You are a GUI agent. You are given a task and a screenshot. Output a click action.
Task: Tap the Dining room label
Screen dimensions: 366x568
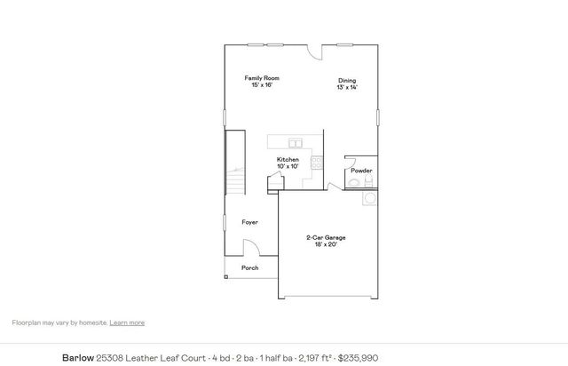[347, 81]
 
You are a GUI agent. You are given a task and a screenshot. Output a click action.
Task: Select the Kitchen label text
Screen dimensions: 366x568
[288, 160]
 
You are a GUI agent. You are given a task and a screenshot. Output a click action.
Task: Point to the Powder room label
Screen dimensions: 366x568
[361, 171]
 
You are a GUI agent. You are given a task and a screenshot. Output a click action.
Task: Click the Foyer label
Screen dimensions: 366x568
[249, 222]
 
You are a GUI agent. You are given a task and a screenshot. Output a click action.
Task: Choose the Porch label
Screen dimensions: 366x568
[250, 267]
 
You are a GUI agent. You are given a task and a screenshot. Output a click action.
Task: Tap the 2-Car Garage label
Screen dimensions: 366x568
[326, 237]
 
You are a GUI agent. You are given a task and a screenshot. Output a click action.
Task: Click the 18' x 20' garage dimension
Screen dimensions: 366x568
[326, 244]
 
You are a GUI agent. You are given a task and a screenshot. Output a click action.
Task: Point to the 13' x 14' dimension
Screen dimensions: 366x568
[347, 88]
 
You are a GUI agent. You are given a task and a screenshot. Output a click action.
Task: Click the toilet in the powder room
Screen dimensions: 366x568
[355, 183]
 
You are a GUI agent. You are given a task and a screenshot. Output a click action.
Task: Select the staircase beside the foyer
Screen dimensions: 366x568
[234, 164]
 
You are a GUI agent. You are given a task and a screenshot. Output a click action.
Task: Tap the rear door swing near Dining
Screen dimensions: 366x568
[315, 52]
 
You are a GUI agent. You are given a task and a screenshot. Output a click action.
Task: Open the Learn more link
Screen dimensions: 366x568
[127, 322]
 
